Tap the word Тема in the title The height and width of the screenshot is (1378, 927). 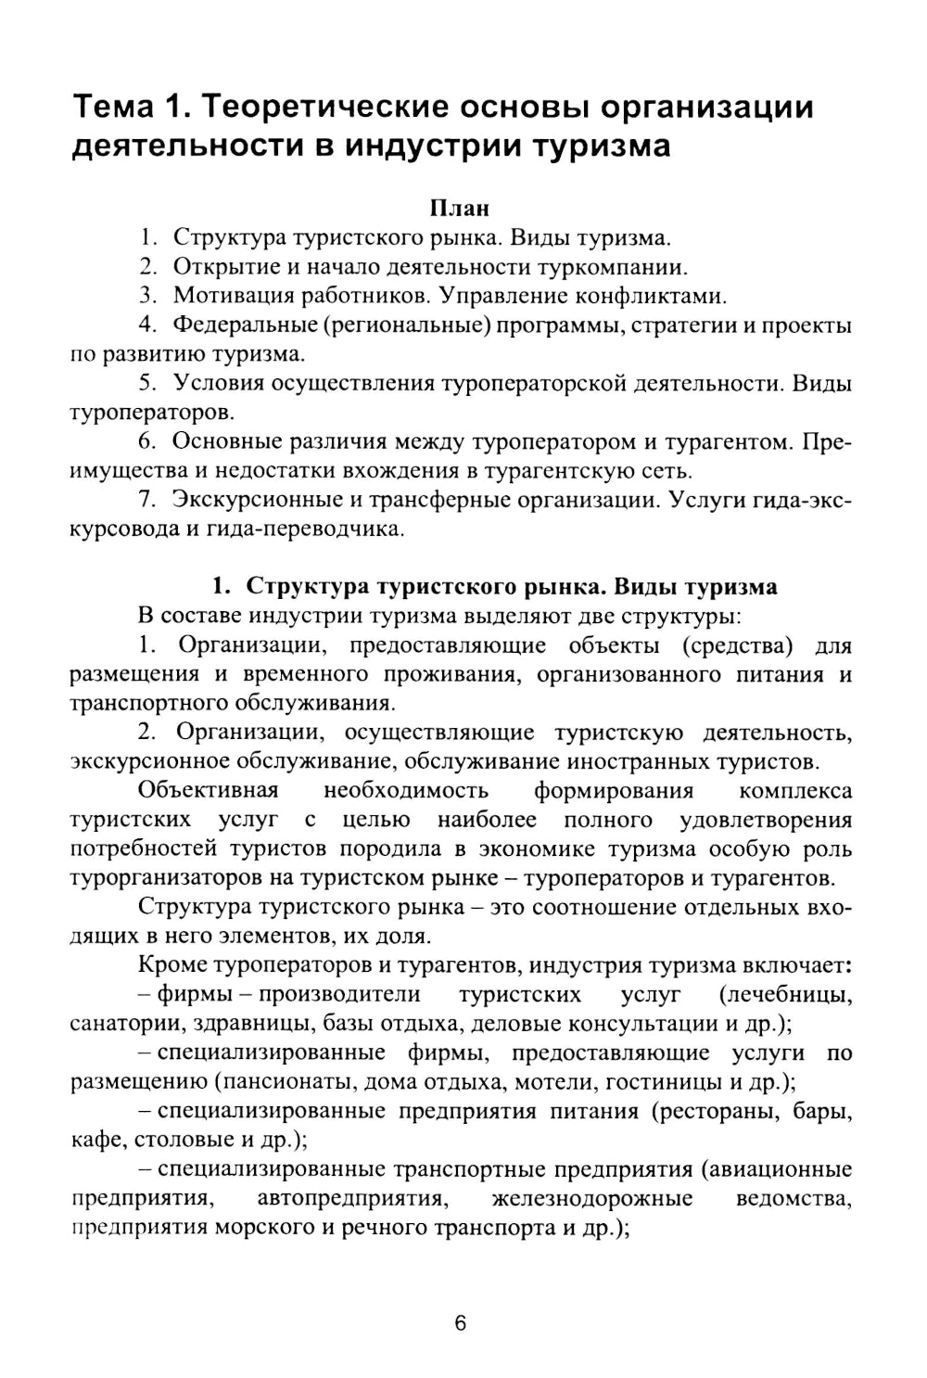pos(113,108)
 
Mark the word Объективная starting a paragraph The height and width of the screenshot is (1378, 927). pos(208,790)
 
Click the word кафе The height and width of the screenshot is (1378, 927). pos(94,1140)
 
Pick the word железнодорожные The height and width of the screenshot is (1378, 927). pos(591,1198)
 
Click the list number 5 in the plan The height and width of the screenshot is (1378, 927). pos(146,383)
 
